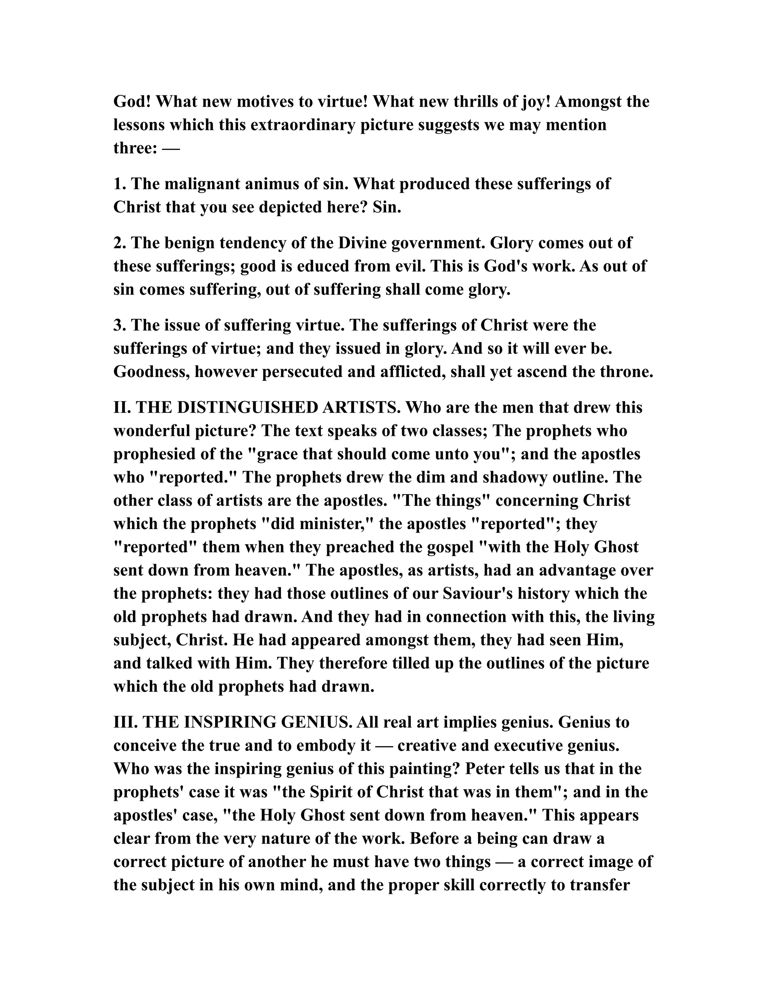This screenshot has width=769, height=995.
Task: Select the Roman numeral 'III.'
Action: tap(126, 722)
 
